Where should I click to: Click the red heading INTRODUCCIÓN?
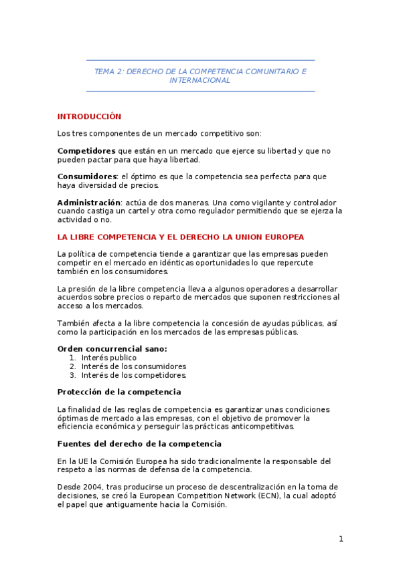click(89, 116)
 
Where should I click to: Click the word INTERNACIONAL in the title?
click(200, 80)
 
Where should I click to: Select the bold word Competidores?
click(86, 151)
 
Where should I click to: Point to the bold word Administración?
click(89, 203)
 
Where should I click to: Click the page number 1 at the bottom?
click(341, 539)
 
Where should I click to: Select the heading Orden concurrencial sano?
click(112, 349)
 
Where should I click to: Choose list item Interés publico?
click(108, 358)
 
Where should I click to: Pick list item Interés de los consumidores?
click(134, 366)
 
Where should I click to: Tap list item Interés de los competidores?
click(134, 375)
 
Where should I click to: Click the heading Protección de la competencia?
click(119, 392)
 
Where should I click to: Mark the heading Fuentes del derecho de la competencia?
click(139, 444)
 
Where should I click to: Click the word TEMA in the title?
click(104, 71)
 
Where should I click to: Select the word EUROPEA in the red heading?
click(284, 237)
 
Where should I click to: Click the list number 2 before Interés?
click(72, 366)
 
